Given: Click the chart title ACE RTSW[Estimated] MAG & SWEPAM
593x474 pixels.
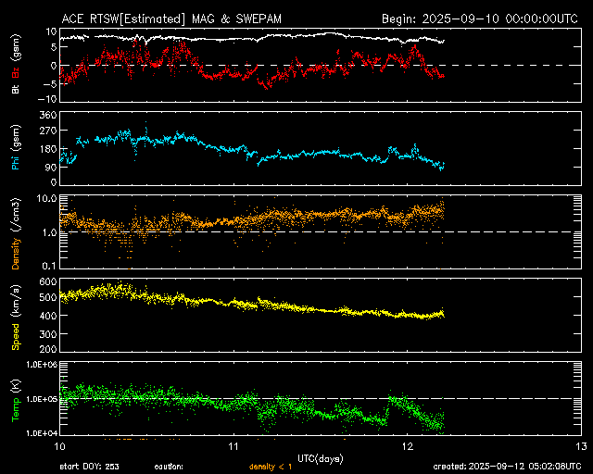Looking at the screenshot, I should click(x=171, y=19).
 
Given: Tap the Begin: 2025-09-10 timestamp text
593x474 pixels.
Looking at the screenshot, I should click(x=481, y=19).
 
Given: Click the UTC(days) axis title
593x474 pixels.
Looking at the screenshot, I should click(x=320, y=458).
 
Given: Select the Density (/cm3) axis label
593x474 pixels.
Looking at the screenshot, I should click(x=16, y=231).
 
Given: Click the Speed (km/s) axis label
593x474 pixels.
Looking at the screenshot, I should click(x=16, y=315).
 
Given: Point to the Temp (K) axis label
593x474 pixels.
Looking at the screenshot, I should click(x=16, y=398).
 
